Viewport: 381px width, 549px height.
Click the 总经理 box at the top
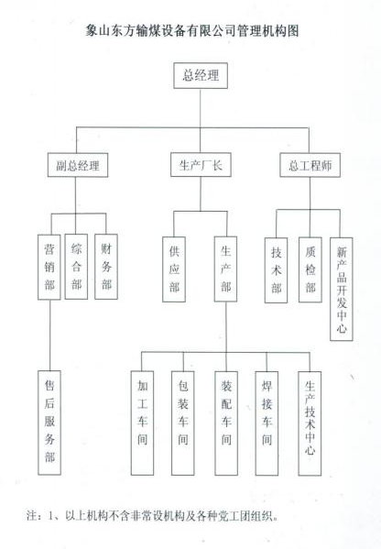coord(201,76)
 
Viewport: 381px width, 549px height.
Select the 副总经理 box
coord(78,165)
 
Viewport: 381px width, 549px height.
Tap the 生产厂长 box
coord(201,165)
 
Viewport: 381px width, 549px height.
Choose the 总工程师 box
coord(310,165)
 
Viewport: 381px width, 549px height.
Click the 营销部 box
coord(49,267)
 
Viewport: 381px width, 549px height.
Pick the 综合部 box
coord(76,267)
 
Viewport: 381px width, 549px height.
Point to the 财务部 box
coord(106,267)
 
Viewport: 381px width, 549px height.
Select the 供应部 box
coord(174,269)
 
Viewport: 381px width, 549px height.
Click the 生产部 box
coord(225,269)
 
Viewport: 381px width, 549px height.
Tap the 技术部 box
coord(276,270)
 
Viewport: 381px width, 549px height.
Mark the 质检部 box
coord(310,269)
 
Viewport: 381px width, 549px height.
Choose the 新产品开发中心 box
coord(342,290)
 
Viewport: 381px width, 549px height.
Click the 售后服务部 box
coord(49,423)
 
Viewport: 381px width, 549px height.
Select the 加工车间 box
coord(142,423)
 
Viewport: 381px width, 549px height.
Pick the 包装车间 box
coord(183,423)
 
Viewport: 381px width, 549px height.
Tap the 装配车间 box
coord(226,423)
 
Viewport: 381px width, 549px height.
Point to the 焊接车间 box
coord(267,423)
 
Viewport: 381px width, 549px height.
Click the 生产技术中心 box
coord(310,423)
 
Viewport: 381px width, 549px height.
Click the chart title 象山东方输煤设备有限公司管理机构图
coord(192,31)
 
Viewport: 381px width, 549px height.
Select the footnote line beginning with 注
coord(153,516)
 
